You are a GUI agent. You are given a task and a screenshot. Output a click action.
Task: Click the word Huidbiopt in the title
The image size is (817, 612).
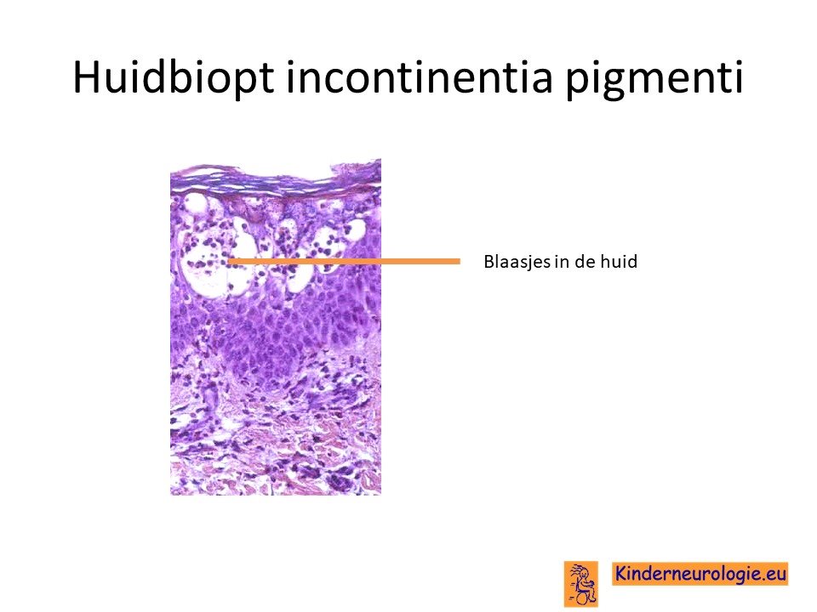(174, 78)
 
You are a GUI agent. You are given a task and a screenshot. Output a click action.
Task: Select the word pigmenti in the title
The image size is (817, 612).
(654, 79)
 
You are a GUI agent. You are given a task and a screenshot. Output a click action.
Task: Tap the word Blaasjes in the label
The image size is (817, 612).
(517, 261)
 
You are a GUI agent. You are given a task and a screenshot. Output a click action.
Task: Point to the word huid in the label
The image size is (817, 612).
(619, 261)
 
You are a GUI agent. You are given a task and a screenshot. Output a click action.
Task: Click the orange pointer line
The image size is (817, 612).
(344, 261)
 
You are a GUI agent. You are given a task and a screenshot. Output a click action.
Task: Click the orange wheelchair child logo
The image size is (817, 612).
(581, 583)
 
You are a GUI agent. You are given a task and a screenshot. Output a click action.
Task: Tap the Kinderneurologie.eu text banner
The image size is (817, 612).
(700, 574)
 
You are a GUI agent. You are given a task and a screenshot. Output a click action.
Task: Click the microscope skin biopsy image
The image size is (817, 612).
(276, 326)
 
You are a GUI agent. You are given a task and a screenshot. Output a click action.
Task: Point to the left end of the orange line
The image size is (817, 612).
(229, 261)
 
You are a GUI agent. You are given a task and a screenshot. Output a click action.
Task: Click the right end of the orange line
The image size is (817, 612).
(460, 261)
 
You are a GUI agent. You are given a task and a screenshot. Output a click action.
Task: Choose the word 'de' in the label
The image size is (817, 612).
(585, 261)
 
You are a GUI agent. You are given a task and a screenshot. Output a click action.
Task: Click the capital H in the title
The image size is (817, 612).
(86, 77)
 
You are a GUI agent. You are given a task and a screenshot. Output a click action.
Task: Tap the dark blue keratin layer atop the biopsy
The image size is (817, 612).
(276, 180)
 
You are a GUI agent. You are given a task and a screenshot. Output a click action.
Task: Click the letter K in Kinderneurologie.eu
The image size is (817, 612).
(621, 573)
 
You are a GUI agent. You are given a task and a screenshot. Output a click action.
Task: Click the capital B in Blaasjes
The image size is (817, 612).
(488, 261)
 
